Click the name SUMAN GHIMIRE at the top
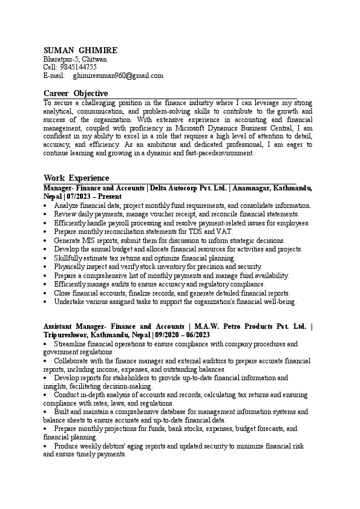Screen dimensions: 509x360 pyautogui.click(x=80, y=50)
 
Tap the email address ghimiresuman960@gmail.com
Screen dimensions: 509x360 pyautogui.click(x=118, y=76)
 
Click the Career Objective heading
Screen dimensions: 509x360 pyautogui.click(x=76, y=93)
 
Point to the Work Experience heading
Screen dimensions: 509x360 pyautogui.click(x=76, y=178)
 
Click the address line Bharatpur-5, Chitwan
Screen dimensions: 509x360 pyautogui.click(x=75, y=59)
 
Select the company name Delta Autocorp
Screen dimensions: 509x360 pyautogui.click(x=179, y=189)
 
